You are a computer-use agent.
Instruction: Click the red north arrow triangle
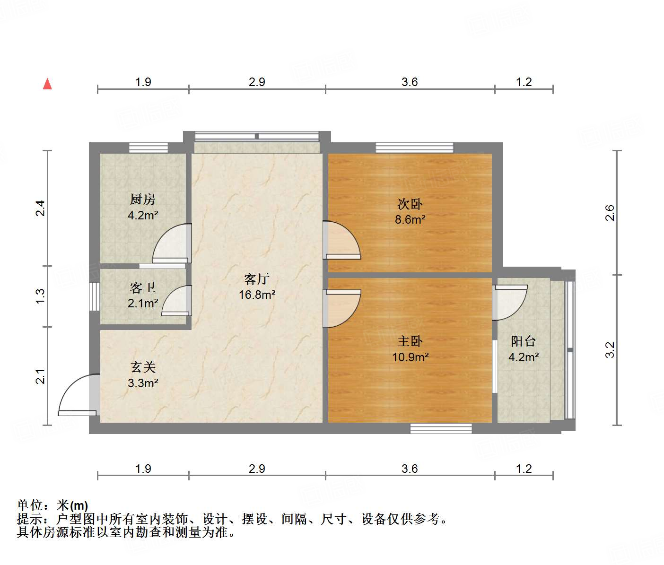pos(47,84)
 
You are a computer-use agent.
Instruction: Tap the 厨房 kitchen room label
pos(143,200)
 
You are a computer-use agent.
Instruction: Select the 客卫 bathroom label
pos(143,287)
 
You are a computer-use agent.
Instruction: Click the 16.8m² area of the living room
pos(257,295)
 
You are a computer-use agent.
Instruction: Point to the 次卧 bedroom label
pos(410,204)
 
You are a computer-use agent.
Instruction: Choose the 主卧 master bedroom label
pos(410,341)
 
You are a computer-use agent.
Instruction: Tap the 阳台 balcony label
pos(524,341)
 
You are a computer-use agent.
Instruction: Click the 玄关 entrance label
pos(143,367)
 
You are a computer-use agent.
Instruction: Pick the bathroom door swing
pos(176,300)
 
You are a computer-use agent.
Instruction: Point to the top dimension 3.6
pos(410,82)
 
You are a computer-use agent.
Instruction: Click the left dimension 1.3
pos(41,296)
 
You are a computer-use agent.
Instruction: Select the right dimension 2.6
pos(610,213)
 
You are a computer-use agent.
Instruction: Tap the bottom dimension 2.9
pos(257,469)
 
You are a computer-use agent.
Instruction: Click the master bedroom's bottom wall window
pos(441,428)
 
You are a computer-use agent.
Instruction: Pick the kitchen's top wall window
pos(149,148)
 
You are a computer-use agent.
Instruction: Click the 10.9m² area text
pos(410,357)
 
